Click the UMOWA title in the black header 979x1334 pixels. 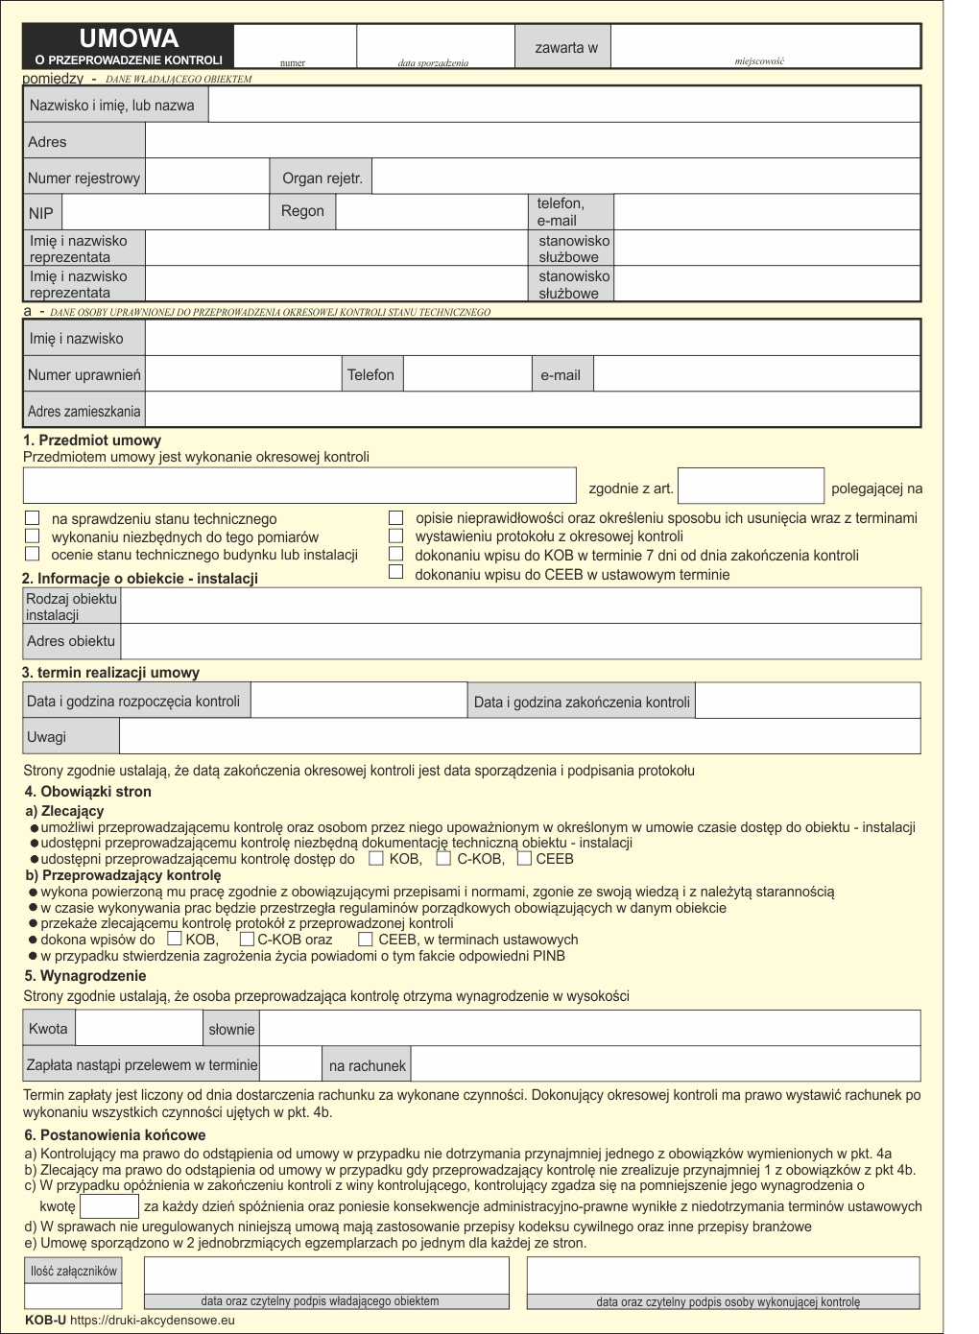(128, 38)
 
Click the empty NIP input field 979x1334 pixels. (164, 212)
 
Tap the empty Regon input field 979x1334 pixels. (431, 212)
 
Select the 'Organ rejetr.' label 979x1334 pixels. (322, 178)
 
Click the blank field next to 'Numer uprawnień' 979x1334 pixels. (243, 374)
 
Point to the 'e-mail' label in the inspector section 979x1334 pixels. (561, 375)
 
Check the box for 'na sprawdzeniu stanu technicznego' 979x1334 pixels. (33, 518)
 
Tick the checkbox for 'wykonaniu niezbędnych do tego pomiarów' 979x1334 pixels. (33, 536)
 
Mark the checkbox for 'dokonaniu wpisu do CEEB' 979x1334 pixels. (395, 572)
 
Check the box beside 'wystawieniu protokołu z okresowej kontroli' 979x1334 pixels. (395, 536)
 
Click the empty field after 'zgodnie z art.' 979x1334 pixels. (751, 486)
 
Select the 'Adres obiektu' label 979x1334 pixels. (71, 641)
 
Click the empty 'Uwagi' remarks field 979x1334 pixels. (519, 736)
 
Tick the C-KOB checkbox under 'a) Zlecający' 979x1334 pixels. (443, 858)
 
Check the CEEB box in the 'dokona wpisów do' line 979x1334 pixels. (366, 939)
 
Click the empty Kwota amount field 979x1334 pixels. (138, 1029)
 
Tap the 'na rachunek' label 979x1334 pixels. (367, 1065)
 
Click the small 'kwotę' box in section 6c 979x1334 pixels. (109, 1206)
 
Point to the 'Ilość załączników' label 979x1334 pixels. (73, 1271)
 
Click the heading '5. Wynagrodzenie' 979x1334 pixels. (85, 976)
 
